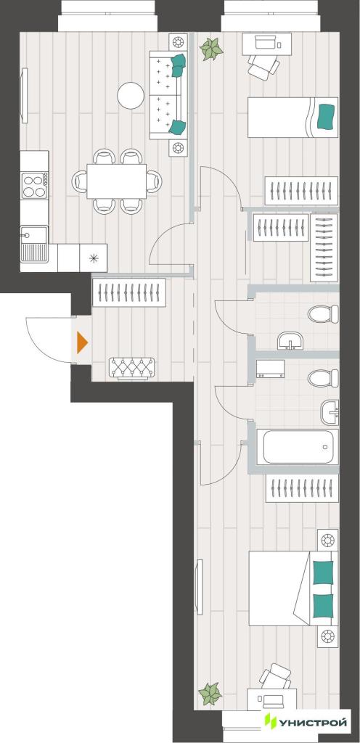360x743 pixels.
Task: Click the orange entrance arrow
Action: [x=82, y=342]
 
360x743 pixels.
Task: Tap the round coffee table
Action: [x=131, y=95]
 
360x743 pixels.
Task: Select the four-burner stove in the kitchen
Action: [x=35, y=185]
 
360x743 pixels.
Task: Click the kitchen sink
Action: [x=33, y=244]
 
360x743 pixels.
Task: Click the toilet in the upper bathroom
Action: [x=324, y=313]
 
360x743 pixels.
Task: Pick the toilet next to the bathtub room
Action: [x=324, y=378]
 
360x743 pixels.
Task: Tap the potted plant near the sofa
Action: [x=211, y=49]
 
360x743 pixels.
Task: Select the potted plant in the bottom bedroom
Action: [x=210, y=694]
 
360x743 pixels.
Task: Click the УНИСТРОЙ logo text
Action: [x=312, y=723]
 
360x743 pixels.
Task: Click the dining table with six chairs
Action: [x=117, y=181]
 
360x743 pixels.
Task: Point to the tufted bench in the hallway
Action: [x=131, y=368]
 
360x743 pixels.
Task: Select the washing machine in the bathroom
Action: [x=271, y=369]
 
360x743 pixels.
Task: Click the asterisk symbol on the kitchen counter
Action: [x=94, y=258]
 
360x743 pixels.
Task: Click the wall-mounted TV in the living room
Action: [x=24, y=96]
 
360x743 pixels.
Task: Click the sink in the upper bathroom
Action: [x=290, y=341]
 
